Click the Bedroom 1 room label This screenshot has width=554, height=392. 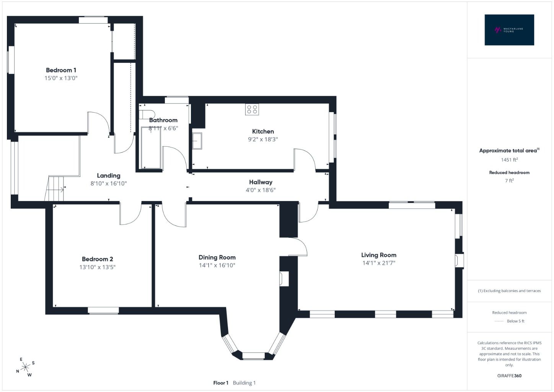[61, 70]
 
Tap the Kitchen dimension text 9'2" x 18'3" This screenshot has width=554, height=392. [263, 139]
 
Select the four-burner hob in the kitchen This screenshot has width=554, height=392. [252, 109]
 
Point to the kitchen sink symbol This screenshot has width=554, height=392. [197, 141]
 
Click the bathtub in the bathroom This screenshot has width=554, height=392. [151, 148]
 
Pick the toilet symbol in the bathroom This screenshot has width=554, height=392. [147, 114]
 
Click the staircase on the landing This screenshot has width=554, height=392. [54, 189]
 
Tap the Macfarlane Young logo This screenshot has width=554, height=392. [509, 30]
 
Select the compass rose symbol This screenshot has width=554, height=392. [25, 367]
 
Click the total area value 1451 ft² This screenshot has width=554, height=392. [509, 160]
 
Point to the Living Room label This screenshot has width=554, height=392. [379, 255]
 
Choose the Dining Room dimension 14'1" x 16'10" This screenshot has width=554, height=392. [217, 265]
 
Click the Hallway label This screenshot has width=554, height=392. [261, 182]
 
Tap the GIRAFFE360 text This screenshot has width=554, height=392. [509, 376]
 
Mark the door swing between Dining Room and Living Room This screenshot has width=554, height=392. [298, 247]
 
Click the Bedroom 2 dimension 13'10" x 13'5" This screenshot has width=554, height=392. [98, 267]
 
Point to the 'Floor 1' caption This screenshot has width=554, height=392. [221, 383]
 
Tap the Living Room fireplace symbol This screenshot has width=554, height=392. [459, 260]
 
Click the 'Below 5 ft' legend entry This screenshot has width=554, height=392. [515, 321]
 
